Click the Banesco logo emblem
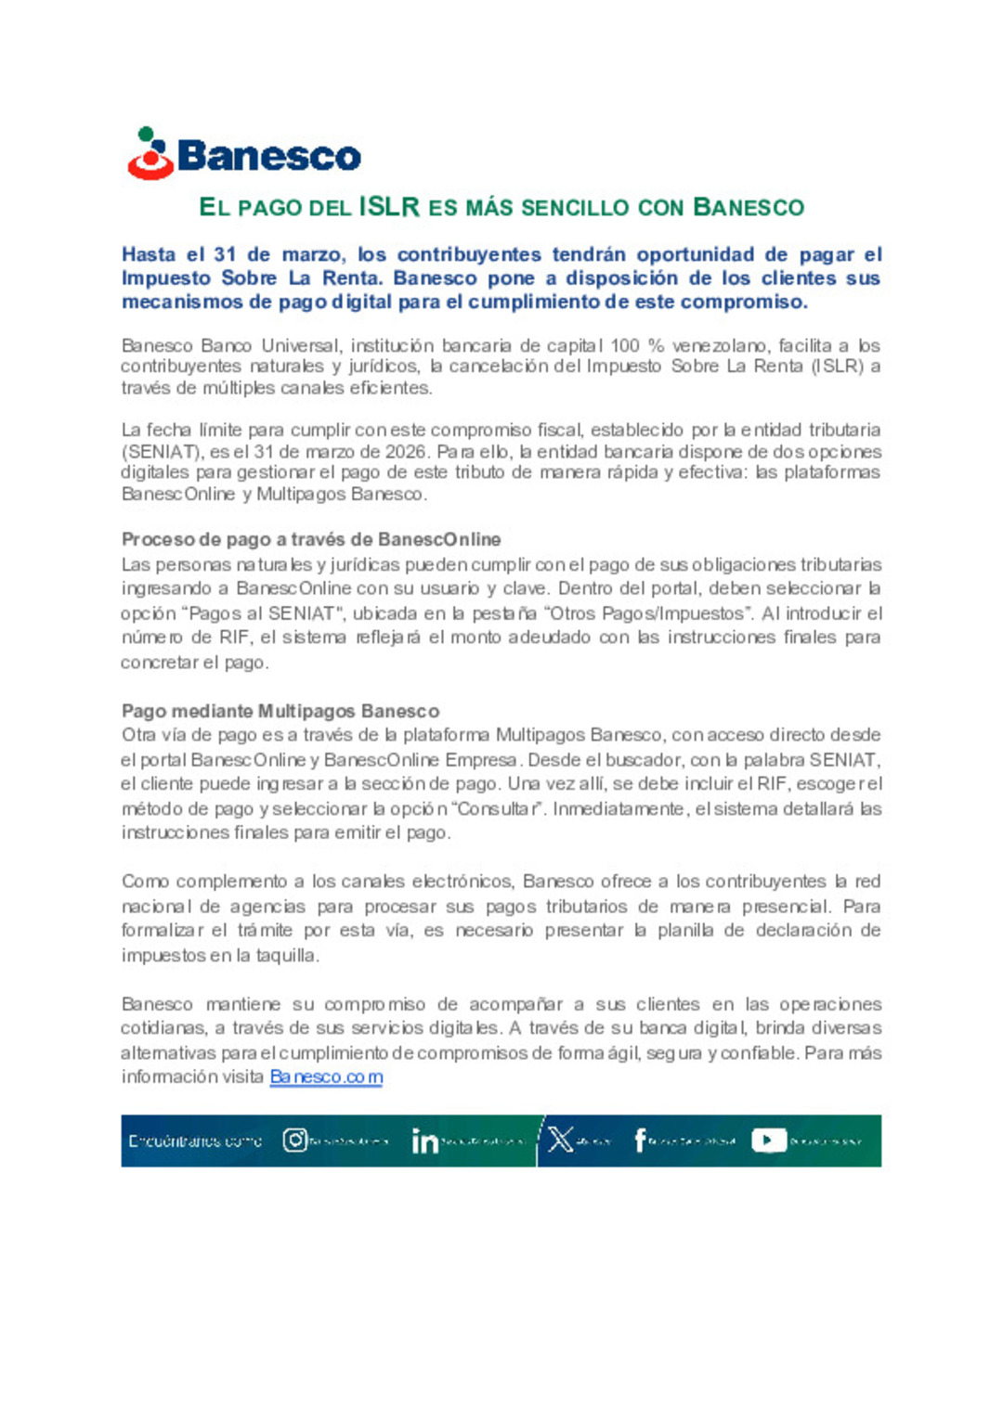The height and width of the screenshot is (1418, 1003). pyautogui.click(x=150, y=154)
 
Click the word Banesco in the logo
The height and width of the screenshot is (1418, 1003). pyautogui.click(x=269, y=156)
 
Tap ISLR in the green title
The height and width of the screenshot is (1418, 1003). pyautogui.click(x=389, y=207)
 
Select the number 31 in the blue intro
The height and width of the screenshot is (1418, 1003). pyautogui.click(x=225, y=254)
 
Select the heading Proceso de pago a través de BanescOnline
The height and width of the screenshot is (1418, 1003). pyautogui.click(x=311, y=539)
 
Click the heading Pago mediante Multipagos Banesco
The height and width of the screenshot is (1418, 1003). pyautogui.click(x=280, y=711)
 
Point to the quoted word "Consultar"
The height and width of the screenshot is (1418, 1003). pyautogui.click(x=500, y=808)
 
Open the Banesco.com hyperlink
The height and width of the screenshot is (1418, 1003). pyautogui.click(x=326, y=1076)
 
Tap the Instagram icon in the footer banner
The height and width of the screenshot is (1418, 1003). pyautogui.click(x=295, y=1141)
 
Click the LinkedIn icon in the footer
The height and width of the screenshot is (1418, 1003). pyautogui.click(x=424, y=1141)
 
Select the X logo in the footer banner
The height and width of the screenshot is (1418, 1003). pyautogui.click(x=560, y=1140)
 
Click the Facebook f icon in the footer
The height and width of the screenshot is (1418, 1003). pyautogui.click(x=640, y=1140)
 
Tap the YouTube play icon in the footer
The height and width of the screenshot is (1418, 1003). pyautogui.click(x=768, y=1141)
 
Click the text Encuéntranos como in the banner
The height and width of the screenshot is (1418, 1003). pyautogui.click(x=195, y=1141)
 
